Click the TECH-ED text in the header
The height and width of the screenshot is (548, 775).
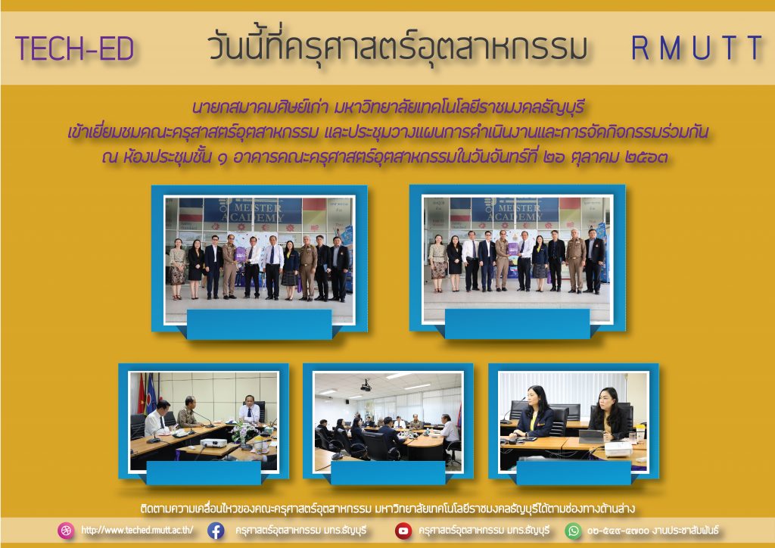pyautogui.click(x=75, y=48)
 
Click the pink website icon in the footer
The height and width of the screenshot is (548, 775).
pyautogui.click(x=66, y=531)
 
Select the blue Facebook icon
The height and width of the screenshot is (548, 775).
pyautogui.click(x=216, y=531)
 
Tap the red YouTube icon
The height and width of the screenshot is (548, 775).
pyautogui.click(x=403, y=531)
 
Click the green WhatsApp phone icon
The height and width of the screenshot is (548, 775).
pyautogui.click(x=574, y=531)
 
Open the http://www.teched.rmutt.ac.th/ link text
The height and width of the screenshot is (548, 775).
pyautogui.click(x=137, y=530)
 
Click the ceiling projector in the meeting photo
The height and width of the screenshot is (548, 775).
pyautogui.click(x=366, y=385)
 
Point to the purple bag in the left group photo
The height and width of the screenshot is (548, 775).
pyautogui.click(x=240, y=254)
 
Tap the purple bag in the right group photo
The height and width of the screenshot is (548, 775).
pyautogui.click(x=513, y=250)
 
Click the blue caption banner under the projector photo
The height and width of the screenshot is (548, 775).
pyautogui.click(x=388, y=472)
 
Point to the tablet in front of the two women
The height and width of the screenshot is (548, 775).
pyautogui.click(x=592, y=437)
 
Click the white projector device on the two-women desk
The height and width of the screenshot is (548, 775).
pyautogui.click(x=618, y=448)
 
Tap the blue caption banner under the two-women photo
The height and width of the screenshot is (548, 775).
pyautogui.click(x=574, y=472)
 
